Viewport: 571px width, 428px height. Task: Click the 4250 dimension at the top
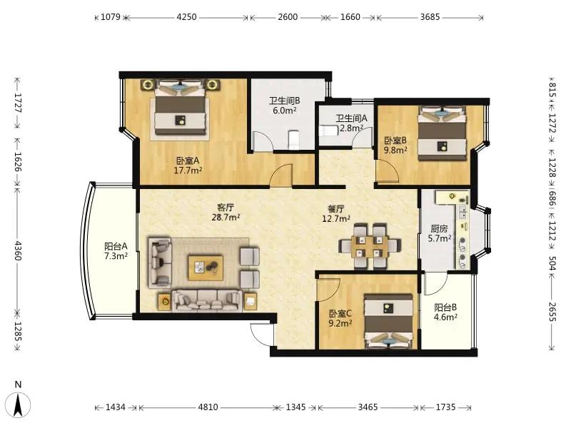point(186,17)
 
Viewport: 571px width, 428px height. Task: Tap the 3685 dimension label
point(430,17)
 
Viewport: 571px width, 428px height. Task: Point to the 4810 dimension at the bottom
point(208,407)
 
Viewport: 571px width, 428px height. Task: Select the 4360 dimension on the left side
point(17,250)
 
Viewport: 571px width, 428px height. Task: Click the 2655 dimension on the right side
point(552,312)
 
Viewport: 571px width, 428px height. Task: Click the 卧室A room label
point(188,160)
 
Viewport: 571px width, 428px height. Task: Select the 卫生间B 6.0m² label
point(284,105)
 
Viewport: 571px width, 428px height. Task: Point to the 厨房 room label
point(439,228)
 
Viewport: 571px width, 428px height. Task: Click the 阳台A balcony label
point(116,246)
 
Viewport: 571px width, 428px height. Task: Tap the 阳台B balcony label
point(445,307)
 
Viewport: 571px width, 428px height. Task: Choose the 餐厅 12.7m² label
point(335,213)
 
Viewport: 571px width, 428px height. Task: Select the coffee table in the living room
point(206,267)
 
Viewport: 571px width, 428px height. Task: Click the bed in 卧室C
point(389,321)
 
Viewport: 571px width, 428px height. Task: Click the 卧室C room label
point(340,313)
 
